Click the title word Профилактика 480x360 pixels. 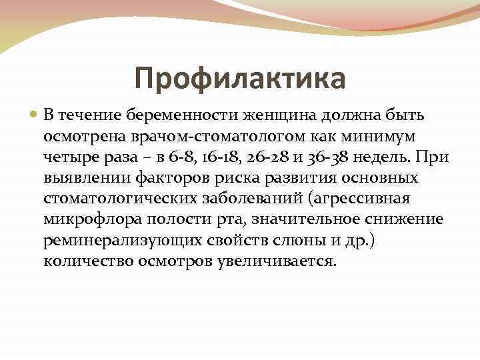pyautogui.click(x=240, y=79)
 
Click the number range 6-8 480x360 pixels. pyautogui.click(x=180, y=157)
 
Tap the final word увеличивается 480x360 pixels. pyautogui.click(x=275, y=261)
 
